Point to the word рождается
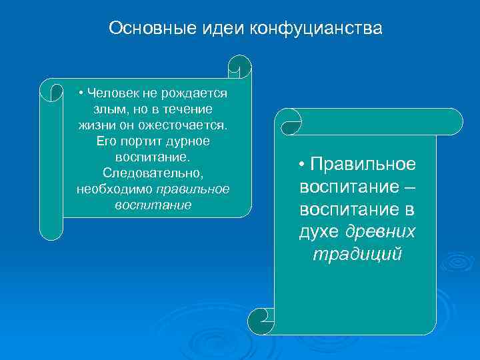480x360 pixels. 197,93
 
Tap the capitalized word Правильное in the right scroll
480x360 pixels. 362,165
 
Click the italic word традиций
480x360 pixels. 357,254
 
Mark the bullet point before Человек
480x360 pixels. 80,93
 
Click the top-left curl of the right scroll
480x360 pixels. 290,121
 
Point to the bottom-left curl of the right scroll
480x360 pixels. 262,321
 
